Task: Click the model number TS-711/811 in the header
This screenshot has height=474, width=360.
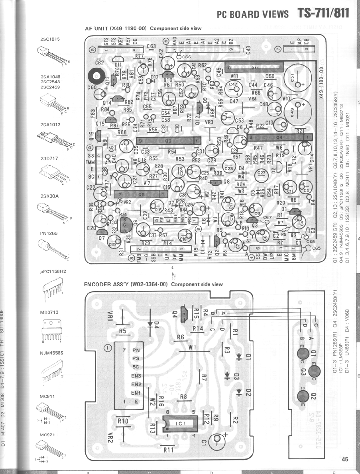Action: (x=323, y=13)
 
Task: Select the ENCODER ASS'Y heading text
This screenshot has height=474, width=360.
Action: (x=127, y=284)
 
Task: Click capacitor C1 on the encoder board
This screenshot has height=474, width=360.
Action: (x=216, y=439)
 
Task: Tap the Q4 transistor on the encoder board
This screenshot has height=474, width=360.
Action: (x=184, y=313)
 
